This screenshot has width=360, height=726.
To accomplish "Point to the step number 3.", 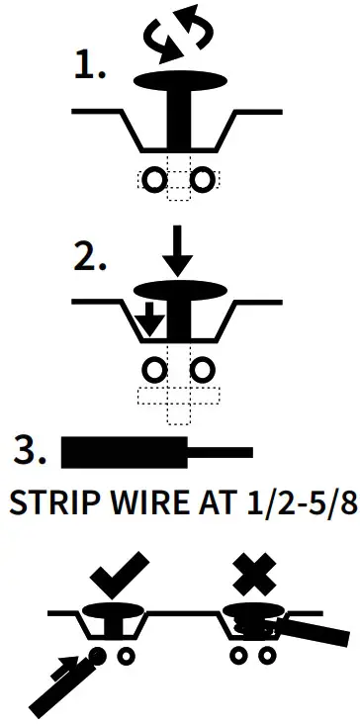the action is click(31, 451).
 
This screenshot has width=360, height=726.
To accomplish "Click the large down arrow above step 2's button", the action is click(179, 251).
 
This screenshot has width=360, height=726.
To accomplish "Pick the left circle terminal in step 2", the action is click(154, 370).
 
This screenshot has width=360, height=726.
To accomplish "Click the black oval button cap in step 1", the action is click(179, 80).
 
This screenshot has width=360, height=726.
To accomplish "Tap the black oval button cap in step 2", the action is click(179, 289).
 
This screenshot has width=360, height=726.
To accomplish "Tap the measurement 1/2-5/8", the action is click(287, 505).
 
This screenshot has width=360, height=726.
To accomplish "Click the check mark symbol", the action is click(119, 571).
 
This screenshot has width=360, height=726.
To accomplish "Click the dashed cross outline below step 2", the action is click(179, 400).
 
